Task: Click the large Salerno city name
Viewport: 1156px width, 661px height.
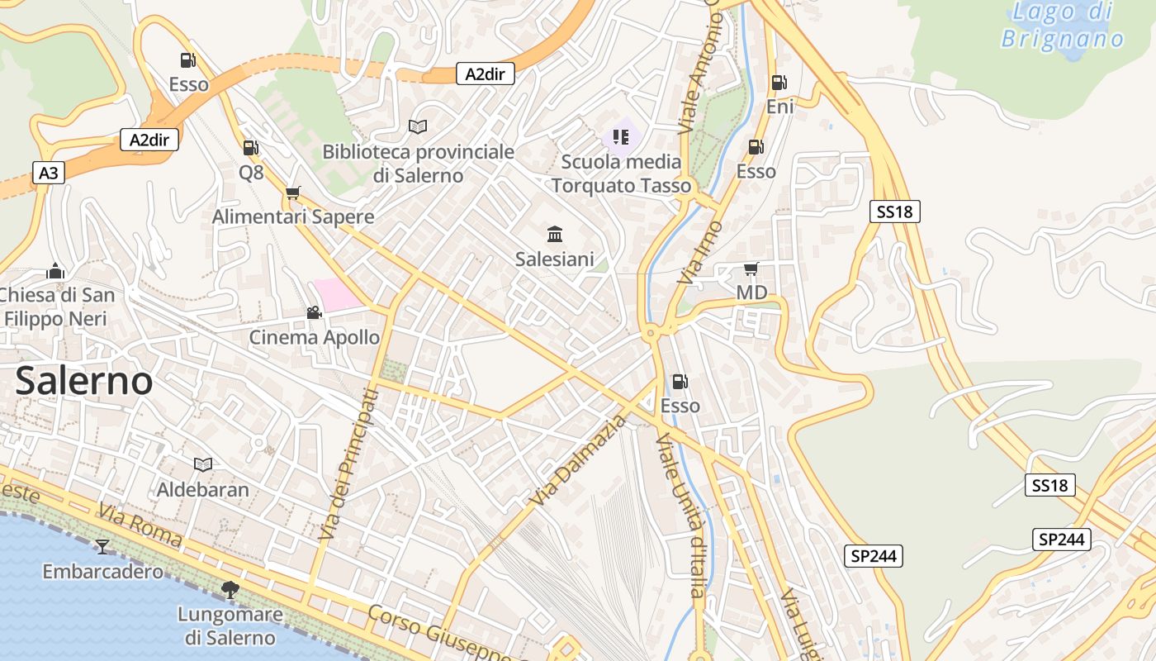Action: (84, 382)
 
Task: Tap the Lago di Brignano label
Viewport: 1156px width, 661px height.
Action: (1063, 25)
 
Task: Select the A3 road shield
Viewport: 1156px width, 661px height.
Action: (49, 173)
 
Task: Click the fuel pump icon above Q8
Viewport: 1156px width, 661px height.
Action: (250, 148)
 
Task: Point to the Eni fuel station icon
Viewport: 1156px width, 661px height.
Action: (779, 83)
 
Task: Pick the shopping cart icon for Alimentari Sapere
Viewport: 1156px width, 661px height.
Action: (292, 193)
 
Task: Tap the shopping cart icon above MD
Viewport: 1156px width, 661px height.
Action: (751, 269)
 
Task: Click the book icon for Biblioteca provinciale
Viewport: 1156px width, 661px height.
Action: (418, 127)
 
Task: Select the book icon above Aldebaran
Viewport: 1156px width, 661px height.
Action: (202, 464)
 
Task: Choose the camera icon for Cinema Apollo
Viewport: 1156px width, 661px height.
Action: (314, 312)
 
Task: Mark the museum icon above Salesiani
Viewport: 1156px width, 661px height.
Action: (555, 234)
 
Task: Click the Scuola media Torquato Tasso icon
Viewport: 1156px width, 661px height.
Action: (621, 136)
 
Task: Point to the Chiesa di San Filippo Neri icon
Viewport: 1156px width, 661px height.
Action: (55, 271)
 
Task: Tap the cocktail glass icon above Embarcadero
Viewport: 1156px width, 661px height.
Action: (102, 546)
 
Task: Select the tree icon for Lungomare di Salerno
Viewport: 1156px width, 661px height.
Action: (230, 589)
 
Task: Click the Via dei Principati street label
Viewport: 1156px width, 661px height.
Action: (348, 465)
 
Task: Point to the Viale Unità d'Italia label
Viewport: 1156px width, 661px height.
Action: (682, 514)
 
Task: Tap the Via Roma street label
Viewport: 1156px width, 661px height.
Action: (140, 525)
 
